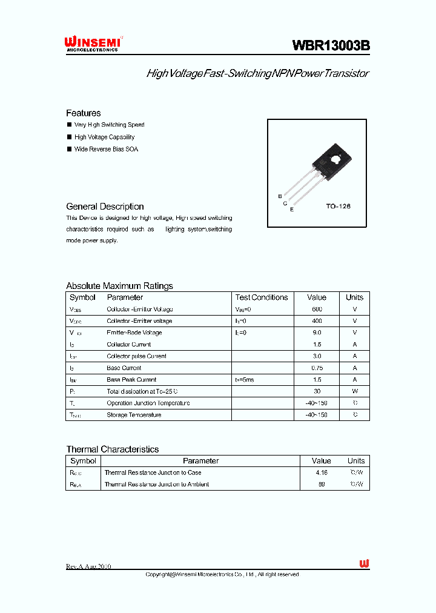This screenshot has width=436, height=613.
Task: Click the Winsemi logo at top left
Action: click(94, 43)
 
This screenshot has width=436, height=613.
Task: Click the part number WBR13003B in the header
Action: click(331, 45)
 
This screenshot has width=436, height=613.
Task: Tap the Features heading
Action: click(84, 113)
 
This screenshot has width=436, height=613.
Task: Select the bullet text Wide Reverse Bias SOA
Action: click(106, 149)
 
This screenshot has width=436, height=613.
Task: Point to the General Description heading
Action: click(105, 207)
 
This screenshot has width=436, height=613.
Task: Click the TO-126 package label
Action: click(339, 207)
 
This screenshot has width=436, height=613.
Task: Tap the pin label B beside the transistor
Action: click(280, 196)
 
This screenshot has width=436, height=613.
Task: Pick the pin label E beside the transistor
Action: click(292, 210)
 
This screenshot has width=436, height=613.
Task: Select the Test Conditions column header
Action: click(262, 297)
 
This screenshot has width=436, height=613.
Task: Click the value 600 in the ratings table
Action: click(317, 309)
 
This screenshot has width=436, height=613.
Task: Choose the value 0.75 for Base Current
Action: click(317, 368)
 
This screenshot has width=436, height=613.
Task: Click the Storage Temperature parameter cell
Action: click(134, 415)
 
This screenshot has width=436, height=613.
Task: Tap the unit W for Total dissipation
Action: click(355, 391)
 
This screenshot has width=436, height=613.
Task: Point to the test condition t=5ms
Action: click(245, 380)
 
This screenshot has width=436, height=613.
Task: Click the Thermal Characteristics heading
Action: click(113, 449)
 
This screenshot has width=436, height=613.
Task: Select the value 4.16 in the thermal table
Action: click(322, 472)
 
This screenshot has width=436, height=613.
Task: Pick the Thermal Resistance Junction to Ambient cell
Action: click(157, 485)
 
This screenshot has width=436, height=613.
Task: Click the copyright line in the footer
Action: click(222, 574)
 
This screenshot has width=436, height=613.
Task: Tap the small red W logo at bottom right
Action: click(364, 564)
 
